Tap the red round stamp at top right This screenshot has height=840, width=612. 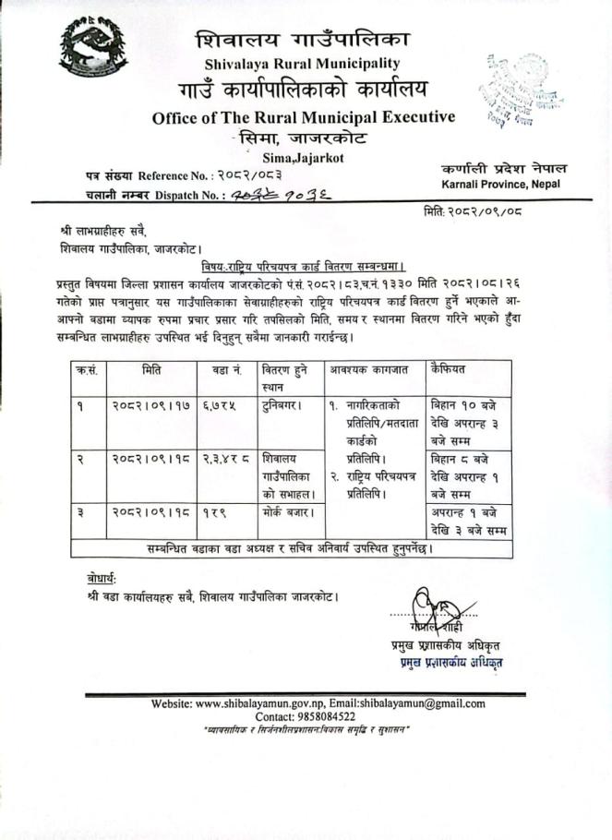[x=516, y=90]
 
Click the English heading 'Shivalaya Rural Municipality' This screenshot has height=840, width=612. [x=303, y=63]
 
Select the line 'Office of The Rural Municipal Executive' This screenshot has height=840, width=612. [x=303, y=117]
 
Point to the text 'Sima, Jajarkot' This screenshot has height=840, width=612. [x=303, y=158]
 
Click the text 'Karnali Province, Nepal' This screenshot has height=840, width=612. [x=503, y=186]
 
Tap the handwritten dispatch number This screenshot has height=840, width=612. [x=264, y=195]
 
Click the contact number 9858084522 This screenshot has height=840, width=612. [x=318, y=716]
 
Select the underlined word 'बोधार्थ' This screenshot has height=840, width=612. [x=95, y=579]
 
